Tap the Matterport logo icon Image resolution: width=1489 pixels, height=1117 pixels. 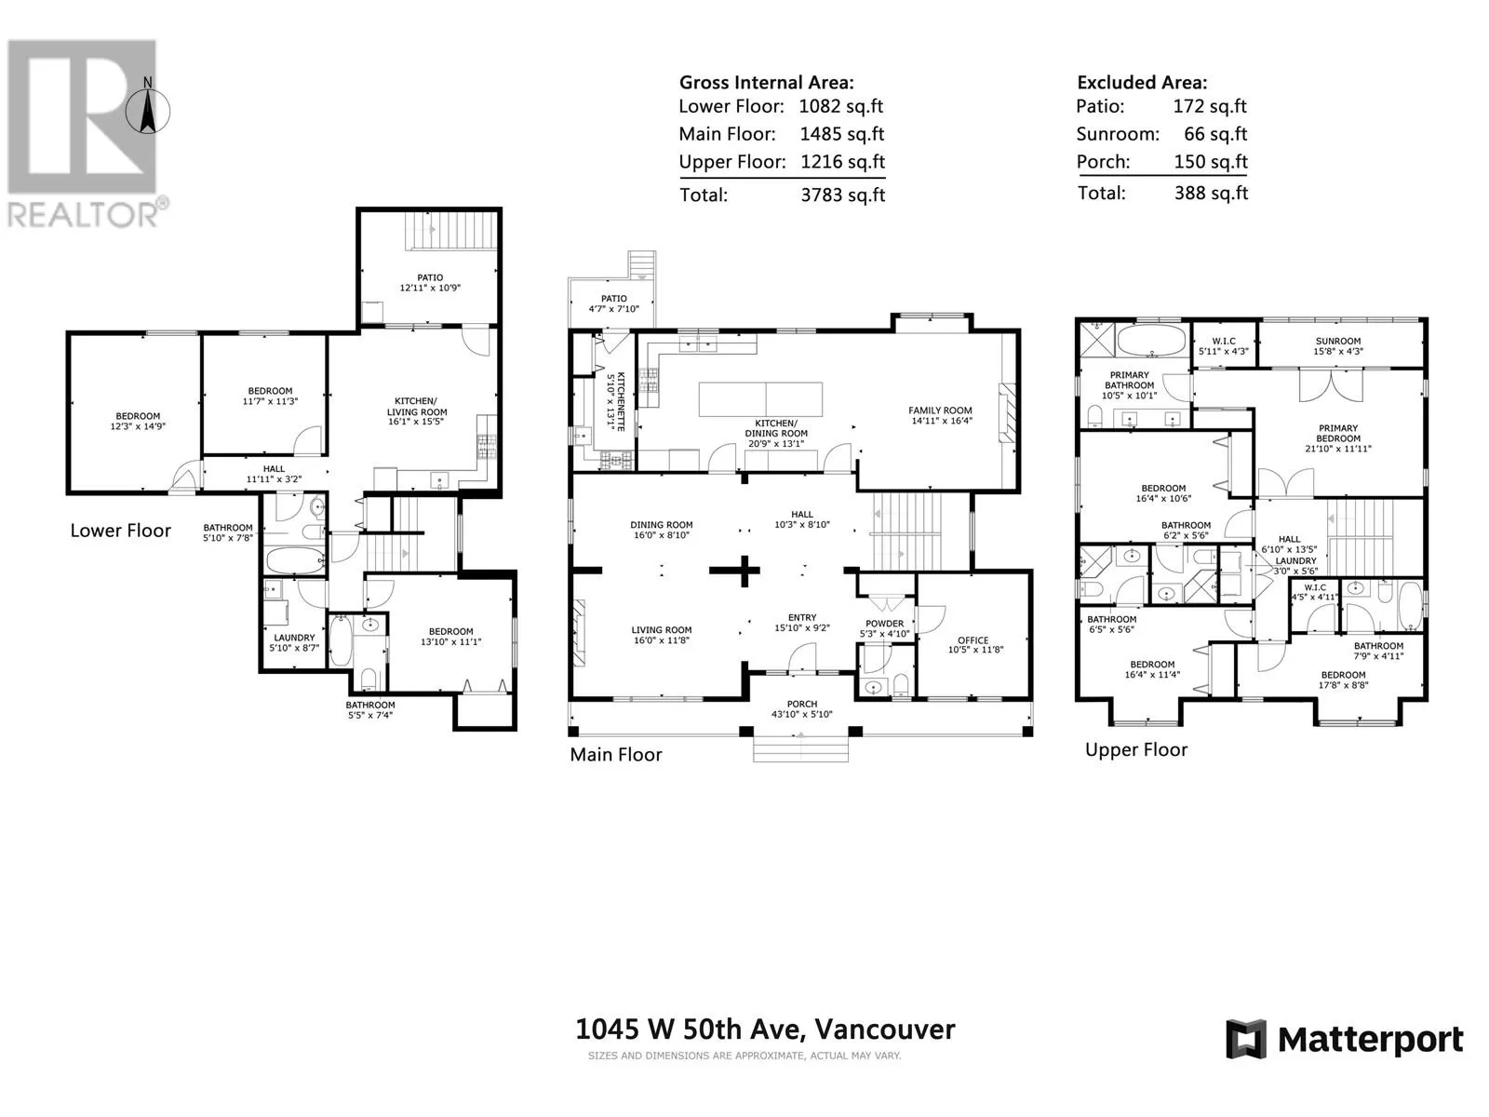pos(1245,1039)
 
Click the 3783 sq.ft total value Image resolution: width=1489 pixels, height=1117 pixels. pos(842,195)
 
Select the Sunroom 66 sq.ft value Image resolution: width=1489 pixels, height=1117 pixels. pos(1215,134)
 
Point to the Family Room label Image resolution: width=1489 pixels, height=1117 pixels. pos(940,410)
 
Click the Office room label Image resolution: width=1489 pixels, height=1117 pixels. pos(973,640)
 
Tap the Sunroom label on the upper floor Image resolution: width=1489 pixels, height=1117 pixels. pos(1337,341)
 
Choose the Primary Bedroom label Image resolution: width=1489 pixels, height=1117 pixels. pos(1337,434)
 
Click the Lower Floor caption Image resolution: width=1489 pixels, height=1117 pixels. pos(121,531)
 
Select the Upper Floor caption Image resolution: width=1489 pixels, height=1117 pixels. pos(1136,749)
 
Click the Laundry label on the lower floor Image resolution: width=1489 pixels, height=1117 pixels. pos(294,638)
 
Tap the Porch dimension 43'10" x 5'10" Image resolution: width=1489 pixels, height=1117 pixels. pos(802,714)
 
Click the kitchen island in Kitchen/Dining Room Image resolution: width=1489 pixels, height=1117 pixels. pos(760,398)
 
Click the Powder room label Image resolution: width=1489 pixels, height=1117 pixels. pos(885,624)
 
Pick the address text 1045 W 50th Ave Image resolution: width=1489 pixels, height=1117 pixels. pos(691,1030)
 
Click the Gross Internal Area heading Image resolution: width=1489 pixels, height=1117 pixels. pos(767,83)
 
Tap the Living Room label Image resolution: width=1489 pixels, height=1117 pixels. pos(662,630)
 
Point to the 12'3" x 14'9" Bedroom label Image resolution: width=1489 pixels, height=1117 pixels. pos(138,421)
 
